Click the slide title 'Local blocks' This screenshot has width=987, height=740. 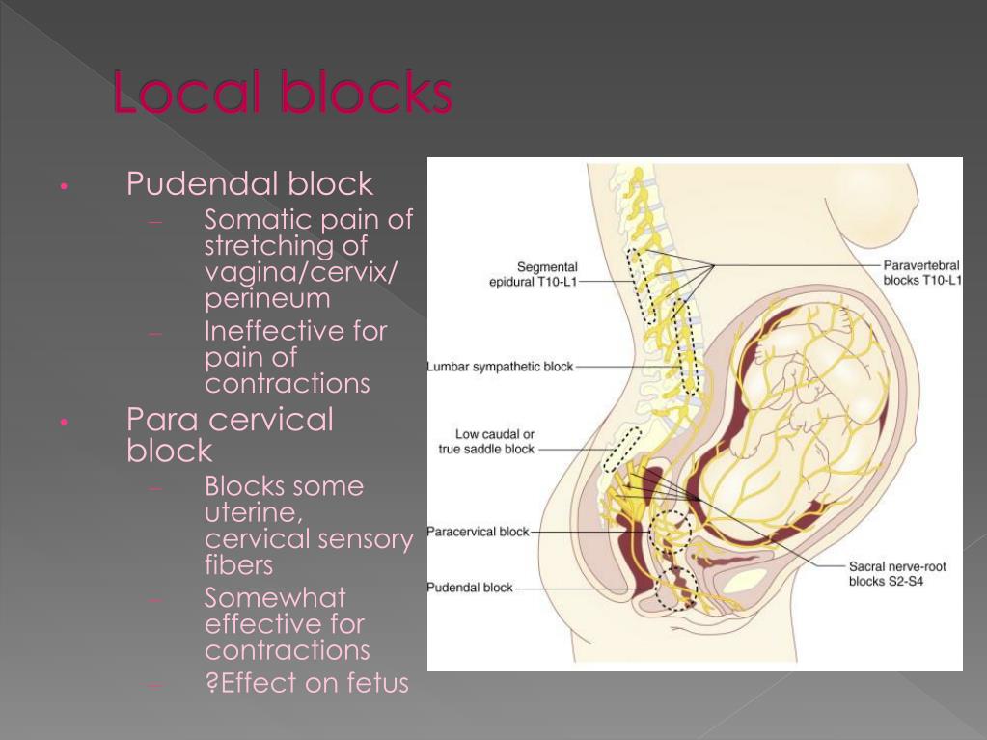click(x=282, y=94)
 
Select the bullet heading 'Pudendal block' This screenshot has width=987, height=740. click(x=250, y=183)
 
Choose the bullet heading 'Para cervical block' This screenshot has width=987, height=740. click(x=230, y=434)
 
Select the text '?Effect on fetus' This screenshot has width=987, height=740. click(x=307, y=683)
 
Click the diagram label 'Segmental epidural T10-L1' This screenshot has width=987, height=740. click(x=534, y=274)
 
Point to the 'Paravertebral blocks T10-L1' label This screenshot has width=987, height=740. click(x=922, y=273)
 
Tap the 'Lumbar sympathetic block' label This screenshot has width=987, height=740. click(x=500, y=367)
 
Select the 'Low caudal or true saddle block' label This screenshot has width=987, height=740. click(x=487, y=442)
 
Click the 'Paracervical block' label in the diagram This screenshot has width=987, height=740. click(x=478, y=532)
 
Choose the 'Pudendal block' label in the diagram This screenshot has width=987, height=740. click(x=471, y=588)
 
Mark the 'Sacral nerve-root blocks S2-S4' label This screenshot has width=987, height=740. click(x=897, y=574)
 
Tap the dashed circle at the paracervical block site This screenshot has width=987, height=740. click(x=669, y=532)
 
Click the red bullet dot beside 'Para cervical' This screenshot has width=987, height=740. click(x=63, y=423)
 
